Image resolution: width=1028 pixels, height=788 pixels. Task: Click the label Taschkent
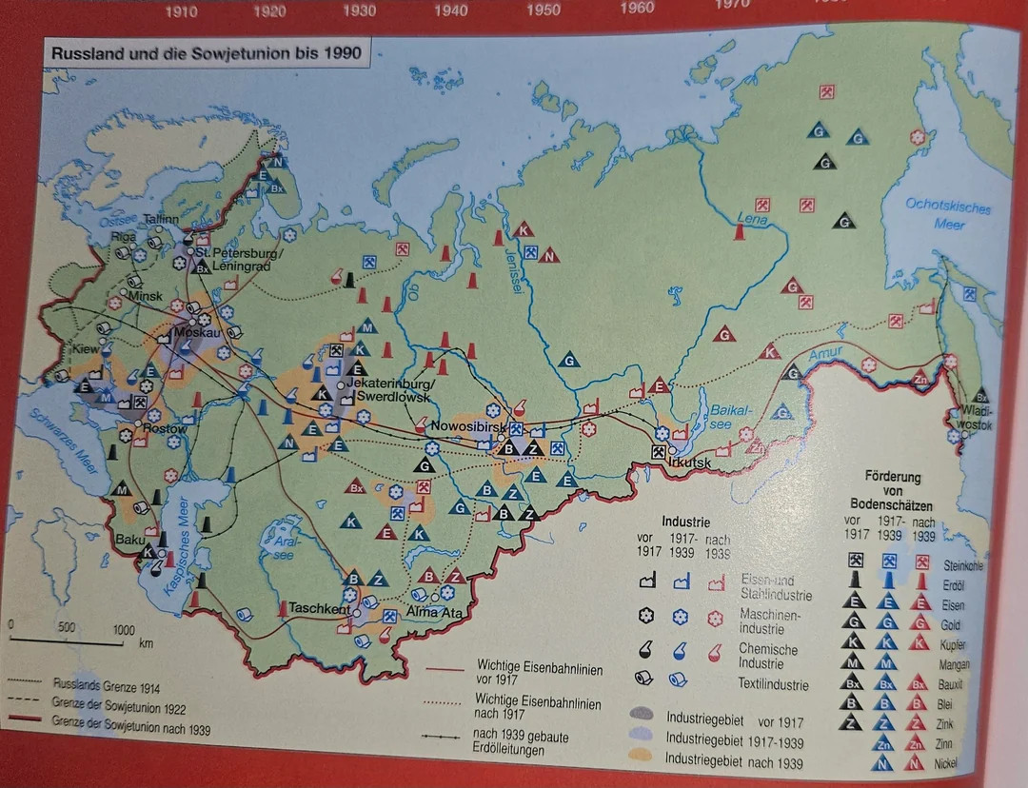[x=320, y=609]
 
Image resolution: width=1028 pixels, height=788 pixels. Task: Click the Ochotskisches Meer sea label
[x=947, y=214]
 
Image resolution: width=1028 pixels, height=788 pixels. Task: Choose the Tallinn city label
[x=161, y=219]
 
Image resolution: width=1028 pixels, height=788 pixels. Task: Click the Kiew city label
[x=86, y=349]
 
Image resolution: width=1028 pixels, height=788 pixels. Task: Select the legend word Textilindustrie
[x=774, y=683]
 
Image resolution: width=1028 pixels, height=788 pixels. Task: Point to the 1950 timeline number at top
[x=543, y=10]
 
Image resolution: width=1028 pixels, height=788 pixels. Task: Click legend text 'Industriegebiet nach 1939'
[x=733, y=762]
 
